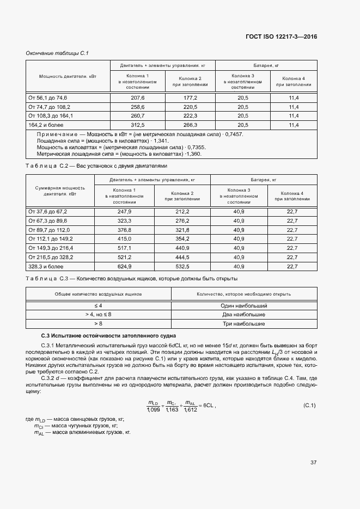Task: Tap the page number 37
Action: (313, 463)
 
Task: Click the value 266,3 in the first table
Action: (190, 125)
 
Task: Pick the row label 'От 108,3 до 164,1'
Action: (51, 116)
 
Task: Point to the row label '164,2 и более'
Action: (44, 125)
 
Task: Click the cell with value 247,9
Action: (125, 211)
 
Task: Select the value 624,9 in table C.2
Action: (125, 267)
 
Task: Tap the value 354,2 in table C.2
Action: (182, 239)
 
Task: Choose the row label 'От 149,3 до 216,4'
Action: (51, 248)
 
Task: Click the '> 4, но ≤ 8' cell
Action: (99, 315)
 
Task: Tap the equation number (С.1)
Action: (309, 406)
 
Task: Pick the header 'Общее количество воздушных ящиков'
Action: (99, 293)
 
